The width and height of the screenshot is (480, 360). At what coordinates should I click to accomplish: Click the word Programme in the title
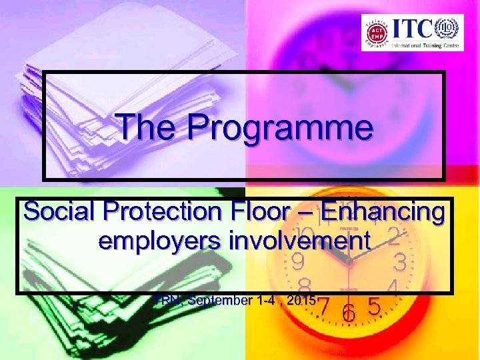pyautogui.click(x=281, y=127)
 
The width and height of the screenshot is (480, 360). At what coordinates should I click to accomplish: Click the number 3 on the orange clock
pyautogui.click(x=400, y=261)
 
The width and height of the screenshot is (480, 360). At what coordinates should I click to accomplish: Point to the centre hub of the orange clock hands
pyautogui.click(x=348, y=265)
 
